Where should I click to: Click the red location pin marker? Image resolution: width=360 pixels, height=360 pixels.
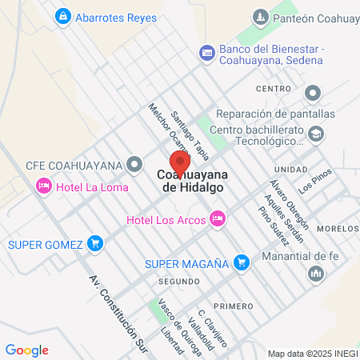(x=178, y=160)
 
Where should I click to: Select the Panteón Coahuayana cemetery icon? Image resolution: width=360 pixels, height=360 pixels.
(x=259, y=17)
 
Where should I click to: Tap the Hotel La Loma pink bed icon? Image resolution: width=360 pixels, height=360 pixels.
(x=43, y=186)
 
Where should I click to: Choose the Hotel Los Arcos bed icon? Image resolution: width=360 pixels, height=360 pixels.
(x=217, y=218)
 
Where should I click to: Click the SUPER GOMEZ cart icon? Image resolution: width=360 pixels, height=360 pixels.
(x=96, y=242)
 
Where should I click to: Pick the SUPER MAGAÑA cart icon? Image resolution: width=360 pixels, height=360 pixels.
(x=241, y=262)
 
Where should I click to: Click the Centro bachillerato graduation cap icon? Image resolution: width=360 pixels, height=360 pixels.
(x=316, y=134)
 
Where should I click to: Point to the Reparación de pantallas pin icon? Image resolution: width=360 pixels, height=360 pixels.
(x=312, y=93)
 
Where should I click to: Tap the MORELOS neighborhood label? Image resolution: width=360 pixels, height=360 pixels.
(x=337, y=228)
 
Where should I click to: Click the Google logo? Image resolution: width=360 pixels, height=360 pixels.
(x=26, y=350)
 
